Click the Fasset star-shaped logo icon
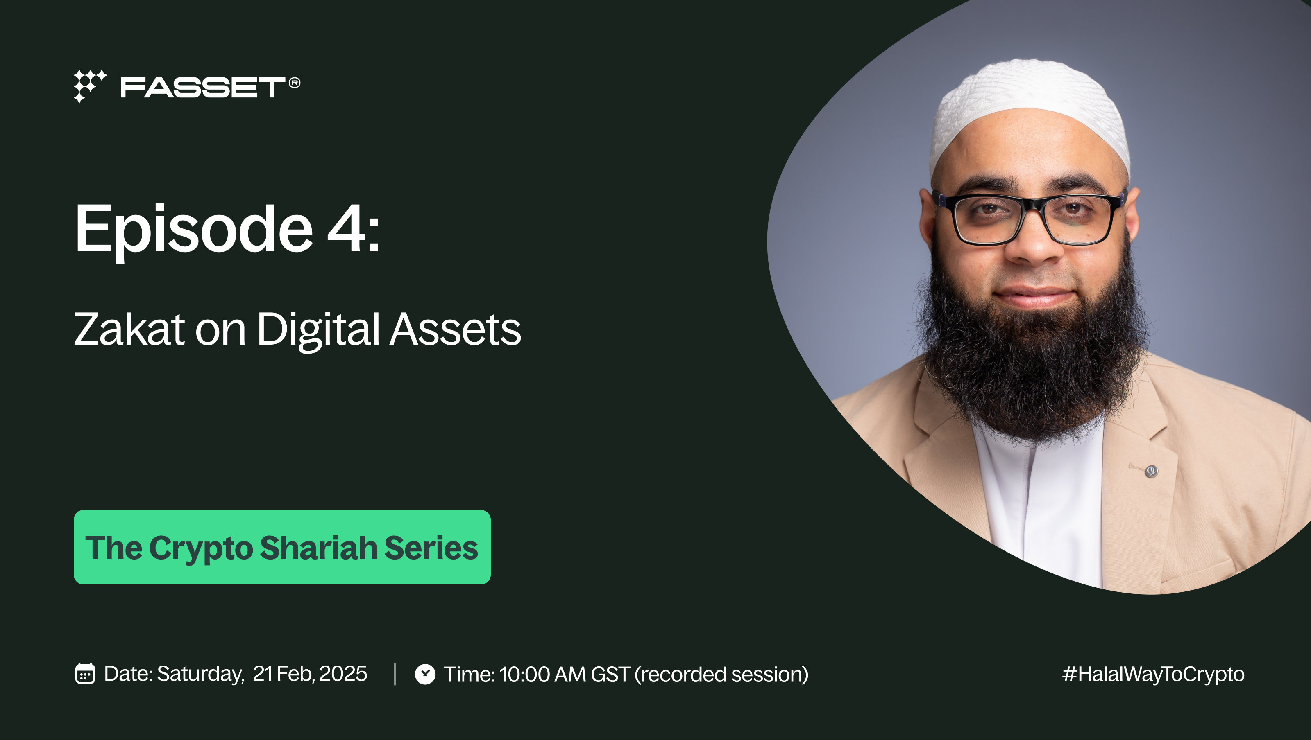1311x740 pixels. click(x=90, y=86)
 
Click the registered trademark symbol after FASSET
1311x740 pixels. click(x=295, y=82)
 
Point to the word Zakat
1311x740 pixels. click(x=129, y=329)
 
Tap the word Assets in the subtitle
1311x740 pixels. click(x=456, y=329)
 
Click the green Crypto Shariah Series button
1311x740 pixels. click(x=282, y=547)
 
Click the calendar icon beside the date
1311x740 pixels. click(x=85, y=674)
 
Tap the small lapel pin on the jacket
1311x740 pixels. click(x=1151, y=472)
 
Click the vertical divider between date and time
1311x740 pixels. click(x=395, y=674)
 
